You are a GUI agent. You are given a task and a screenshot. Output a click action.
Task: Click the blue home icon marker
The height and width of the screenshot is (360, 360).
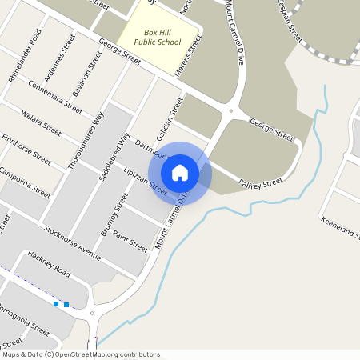tap(180, 172)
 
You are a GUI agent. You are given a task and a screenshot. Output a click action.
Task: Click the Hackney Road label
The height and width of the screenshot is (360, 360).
tap(50, 263)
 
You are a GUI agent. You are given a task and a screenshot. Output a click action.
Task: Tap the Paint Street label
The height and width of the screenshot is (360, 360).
tap(130, 239)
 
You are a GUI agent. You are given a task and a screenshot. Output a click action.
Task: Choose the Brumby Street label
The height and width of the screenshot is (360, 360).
tap(116, 212)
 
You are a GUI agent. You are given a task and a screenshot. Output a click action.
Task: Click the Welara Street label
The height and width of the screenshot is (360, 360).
tap(42, 122)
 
